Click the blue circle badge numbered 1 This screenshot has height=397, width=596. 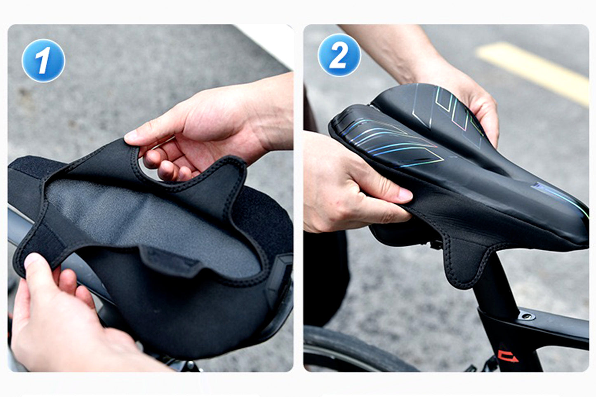[x=43, y=60]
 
